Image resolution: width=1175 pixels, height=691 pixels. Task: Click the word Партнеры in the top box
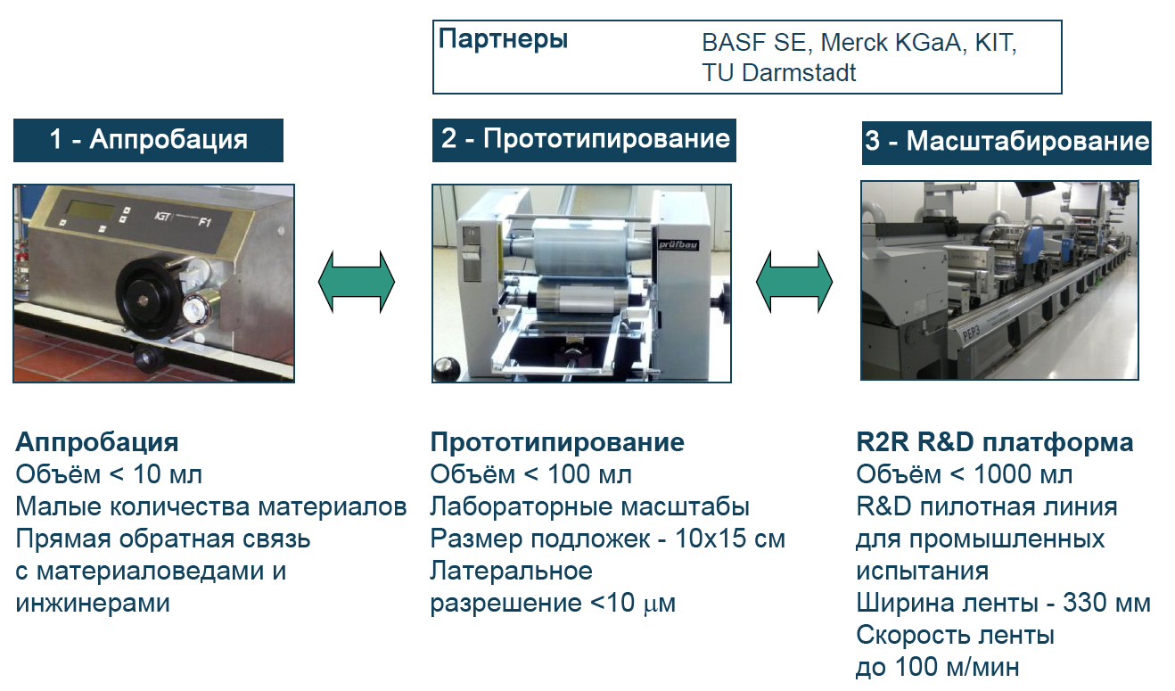(x=503, y=40)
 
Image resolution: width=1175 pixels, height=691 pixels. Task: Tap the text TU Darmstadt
(x=778, y=72)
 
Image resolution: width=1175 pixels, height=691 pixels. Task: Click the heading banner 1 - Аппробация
(x=148, y=140)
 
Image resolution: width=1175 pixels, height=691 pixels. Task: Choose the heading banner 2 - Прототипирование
(x=585, y=139)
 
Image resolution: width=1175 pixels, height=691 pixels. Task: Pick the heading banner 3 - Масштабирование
(x=1007, y=142)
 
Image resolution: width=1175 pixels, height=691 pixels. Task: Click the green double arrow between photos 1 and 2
(x=357, y=282)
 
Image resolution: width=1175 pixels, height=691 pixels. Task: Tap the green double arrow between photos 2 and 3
(x=794, y=282)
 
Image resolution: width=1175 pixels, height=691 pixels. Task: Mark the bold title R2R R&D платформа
(x=995, y=443)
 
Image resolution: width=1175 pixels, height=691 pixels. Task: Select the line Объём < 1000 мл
(x=965, y=475)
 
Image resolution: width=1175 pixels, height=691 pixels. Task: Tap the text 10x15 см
(x=730, y=539)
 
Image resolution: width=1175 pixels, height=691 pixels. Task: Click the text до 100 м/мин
(x=937, y=667)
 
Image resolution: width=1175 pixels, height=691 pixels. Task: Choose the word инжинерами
(x=93, y=604)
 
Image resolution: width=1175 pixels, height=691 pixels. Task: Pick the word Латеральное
(x=511, y=572)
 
